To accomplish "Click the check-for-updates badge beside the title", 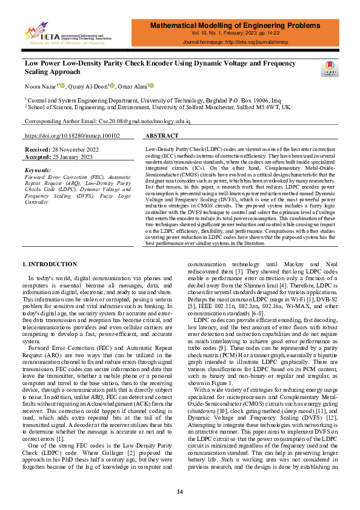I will point(330,68).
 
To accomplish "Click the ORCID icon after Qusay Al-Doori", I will point(113,86).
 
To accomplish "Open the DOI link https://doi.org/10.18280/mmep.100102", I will point(72,136).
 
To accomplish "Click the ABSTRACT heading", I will point(162,136).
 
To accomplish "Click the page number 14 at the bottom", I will point(179,491).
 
